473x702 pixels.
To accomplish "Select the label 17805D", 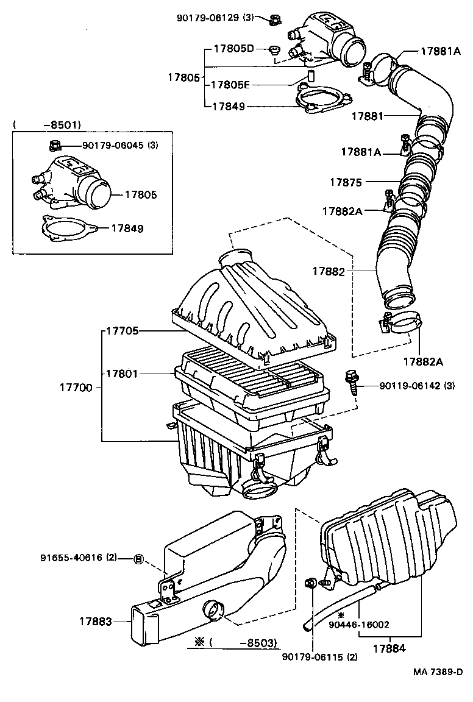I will pos(233,48).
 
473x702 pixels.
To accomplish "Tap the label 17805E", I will pos(233,85).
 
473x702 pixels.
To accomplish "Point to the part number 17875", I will pos(346,182).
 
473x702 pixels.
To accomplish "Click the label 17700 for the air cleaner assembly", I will pos(76,387).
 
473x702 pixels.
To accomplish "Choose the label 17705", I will pos(123,331).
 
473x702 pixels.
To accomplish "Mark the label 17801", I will pos(123,373).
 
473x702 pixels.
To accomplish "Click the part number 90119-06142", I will pos(410,385).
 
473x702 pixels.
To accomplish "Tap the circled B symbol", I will pos(138,558).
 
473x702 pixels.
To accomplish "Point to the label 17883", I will pos(96,621).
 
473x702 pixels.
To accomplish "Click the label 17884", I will pos(389,648).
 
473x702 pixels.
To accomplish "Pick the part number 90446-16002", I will pos(358,624).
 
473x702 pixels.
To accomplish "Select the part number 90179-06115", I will pos(320,657).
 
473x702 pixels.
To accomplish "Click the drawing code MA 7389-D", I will pos(438,672).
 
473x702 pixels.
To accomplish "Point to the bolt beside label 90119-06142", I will pos(351,381).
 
